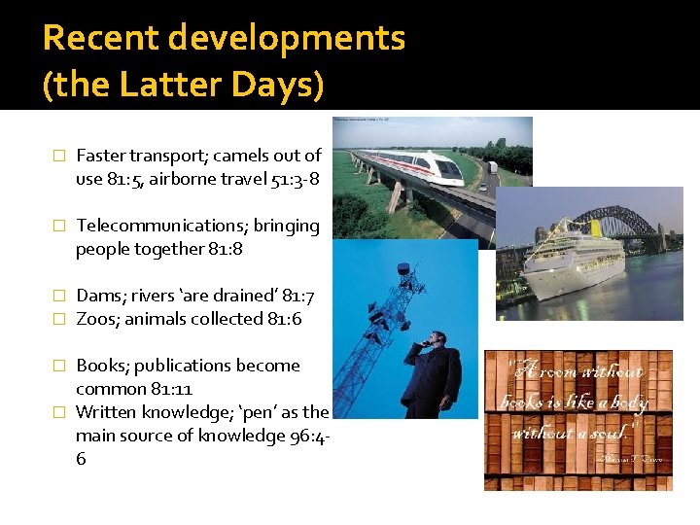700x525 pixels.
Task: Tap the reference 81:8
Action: point(226,249)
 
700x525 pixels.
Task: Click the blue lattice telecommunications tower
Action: point(379,321)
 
